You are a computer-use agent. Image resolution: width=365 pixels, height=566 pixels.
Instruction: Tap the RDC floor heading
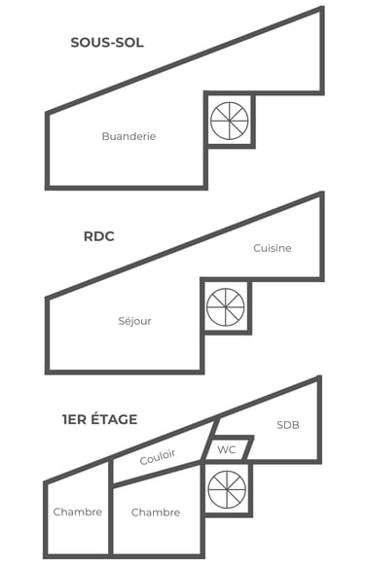(99, 235)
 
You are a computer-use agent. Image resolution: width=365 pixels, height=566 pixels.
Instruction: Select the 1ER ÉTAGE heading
(98, 420)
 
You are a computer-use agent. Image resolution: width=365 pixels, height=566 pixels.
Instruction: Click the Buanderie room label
(128, 137)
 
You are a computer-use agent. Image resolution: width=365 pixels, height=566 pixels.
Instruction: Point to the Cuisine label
(273, 248)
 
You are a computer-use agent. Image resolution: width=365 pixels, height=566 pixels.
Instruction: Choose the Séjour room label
(134, 321)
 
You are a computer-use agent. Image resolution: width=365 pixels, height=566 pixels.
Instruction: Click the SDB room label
(288, 425)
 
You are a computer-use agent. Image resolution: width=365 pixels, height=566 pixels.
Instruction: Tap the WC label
(227, 450)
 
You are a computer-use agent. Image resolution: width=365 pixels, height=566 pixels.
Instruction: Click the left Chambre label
(78, 513)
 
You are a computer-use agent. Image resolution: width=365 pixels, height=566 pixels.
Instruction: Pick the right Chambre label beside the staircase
(156, 513)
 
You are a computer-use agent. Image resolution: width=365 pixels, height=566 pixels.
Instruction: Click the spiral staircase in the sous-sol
(230, 121)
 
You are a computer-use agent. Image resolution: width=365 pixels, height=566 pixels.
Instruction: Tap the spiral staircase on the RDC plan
(226, 306)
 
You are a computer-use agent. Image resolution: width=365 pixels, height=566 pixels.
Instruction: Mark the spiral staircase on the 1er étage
(227, 489)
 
